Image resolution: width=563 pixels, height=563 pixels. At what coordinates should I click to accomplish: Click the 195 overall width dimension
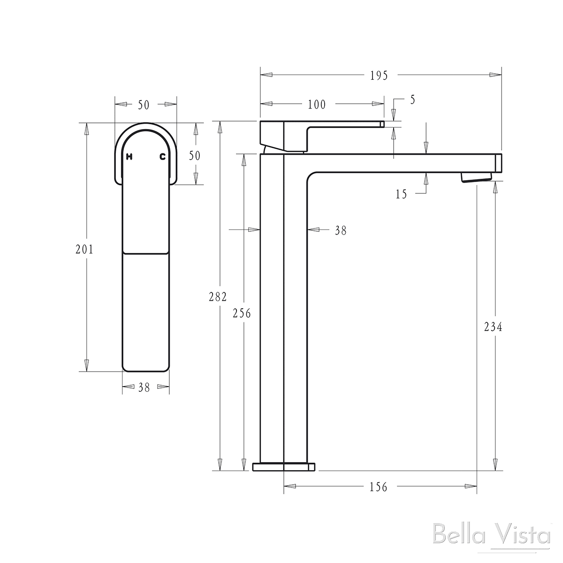(x=379, y=75)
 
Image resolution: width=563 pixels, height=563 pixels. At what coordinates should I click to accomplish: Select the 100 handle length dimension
(x=317, y=104)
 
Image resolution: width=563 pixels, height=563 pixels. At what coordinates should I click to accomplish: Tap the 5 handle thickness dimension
(x=412, y=99)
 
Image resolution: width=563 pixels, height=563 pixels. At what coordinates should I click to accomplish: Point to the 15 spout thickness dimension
(x=401, y=194)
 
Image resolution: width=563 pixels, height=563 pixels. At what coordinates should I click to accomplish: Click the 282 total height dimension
(x=218, y=297)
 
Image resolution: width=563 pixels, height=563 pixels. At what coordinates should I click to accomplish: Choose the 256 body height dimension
(x=242, y=313)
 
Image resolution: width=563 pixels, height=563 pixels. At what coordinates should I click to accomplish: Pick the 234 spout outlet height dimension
(x=493, y=327)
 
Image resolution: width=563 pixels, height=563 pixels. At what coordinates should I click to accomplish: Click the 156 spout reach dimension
(x=379, y=487)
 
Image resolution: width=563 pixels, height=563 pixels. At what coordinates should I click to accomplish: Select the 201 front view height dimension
(x=85, y=249)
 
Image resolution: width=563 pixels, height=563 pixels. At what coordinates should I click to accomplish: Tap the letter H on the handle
(x=129, y=157)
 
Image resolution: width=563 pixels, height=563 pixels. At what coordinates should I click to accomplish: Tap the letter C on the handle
(x=162, y=157)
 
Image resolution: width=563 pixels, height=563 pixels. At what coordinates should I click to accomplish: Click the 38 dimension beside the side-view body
(x=341, y=230)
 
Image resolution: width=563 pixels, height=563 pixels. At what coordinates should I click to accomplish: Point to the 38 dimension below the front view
(x=145, y=388)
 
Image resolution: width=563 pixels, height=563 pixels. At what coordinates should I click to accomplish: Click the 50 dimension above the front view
(x=144, y=105)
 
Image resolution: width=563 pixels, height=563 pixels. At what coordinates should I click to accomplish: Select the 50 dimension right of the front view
(x=194, y=155)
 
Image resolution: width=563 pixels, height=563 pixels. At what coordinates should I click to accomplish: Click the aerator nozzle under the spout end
(x=476, y=177)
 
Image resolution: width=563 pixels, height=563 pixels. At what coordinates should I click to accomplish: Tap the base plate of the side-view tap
(x=283, y=467)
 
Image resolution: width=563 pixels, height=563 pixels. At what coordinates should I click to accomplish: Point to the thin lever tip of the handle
(x=381, y=124)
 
